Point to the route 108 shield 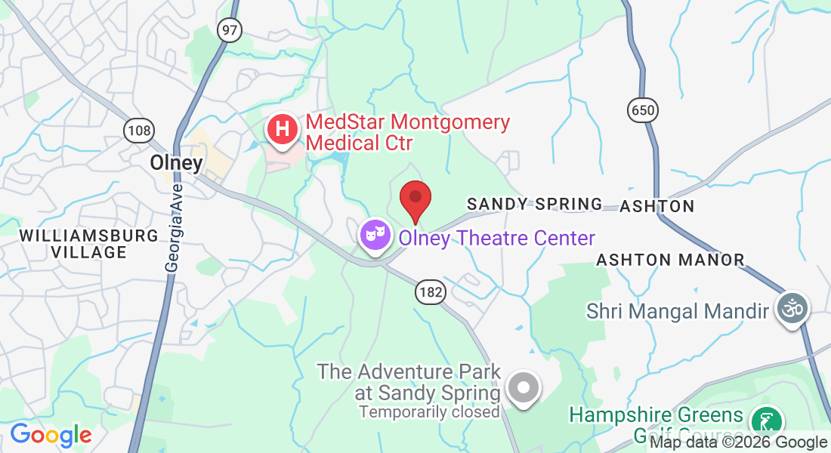pos(138,131)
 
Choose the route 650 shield pos(641,110)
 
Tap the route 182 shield pos(429,292)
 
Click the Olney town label pos(176,163)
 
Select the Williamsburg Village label pos(89,244)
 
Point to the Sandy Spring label pos(534,205)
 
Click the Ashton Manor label pos(670,260)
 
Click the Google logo pos(51,435)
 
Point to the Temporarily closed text pos(429,412)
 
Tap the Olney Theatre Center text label pos(496,239)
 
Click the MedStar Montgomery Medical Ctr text pos(407,132)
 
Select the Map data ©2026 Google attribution pos(739,443)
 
